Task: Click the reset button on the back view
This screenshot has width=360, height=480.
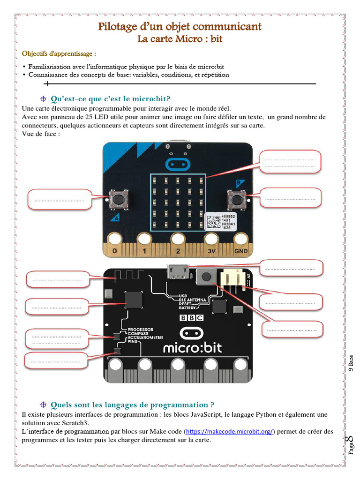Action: pos(205,278)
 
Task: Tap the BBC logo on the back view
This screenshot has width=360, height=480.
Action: pos(192,317)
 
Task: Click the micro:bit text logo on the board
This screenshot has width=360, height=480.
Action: pos(192,348)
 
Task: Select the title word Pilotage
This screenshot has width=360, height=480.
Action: pos(117,26)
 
